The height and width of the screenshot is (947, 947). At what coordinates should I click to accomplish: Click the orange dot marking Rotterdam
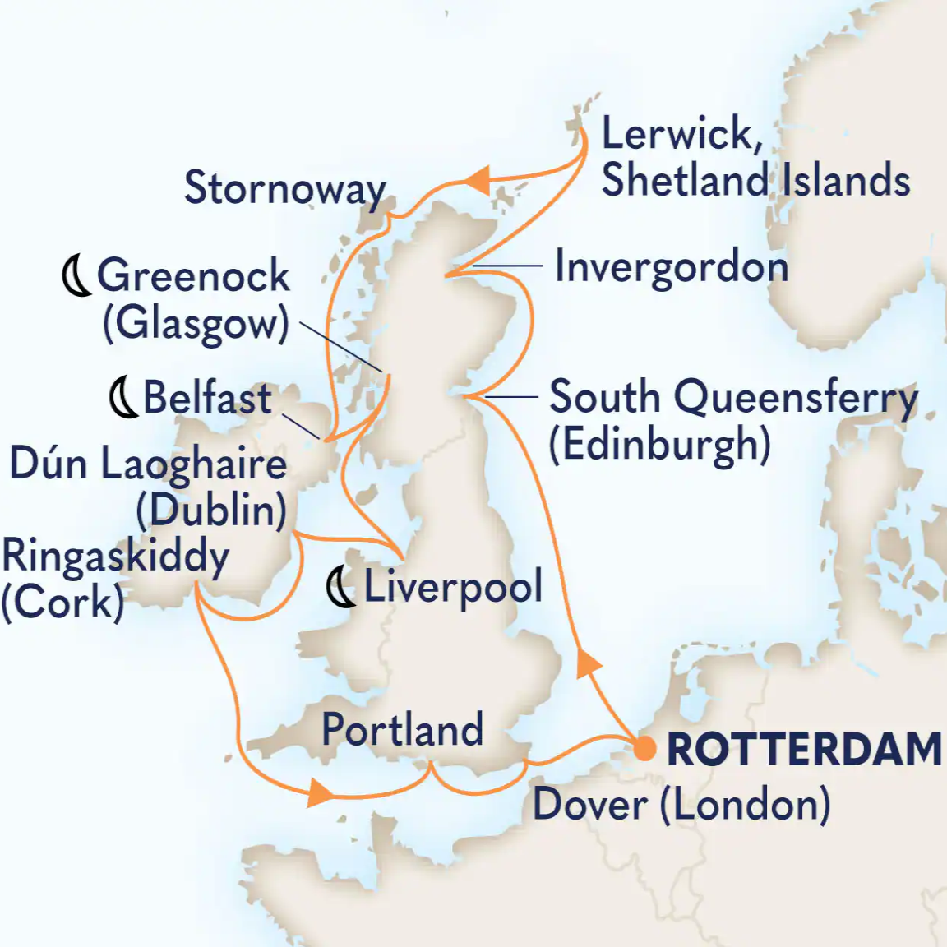(644, 749)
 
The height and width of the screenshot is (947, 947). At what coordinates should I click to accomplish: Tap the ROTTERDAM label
(803, 750)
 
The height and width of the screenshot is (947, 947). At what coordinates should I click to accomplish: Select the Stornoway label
(284, 188)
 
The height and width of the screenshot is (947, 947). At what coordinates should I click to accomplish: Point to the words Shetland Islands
(755, 181)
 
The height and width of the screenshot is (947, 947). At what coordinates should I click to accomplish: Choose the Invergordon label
(671, 268)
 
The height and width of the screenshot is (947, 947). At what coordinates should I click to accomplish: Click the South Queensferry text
(732, 398)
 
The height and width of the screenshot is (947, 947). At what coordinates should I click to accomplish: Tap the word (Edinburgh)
(659, 445)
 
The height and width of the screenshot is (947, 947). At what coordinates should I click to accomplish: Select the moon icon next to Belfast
(123, 398)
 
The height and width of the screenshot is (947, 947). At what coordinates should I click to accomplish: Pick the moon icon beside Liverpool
(341, 588)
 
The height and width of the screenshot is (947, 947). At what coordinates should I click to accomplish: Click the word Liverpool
(453, 587)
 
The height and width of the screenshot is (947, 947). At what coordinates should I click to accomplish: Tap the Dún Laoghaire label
(148, 464)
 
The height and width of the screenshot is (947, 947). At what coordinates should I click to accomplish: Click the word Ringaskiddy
(115, 557)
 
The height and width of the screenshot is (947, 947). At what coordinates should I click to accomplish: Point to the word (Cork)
(62, 603)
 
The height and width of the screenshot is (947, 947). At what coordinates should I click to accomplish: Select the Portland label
(402, 729)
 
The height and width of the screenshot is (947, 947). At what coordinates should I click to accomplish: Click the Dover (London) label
(681, 804)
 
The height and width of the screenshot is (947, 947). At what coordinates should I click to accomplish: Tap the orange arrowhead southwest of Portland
(321, 793)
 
